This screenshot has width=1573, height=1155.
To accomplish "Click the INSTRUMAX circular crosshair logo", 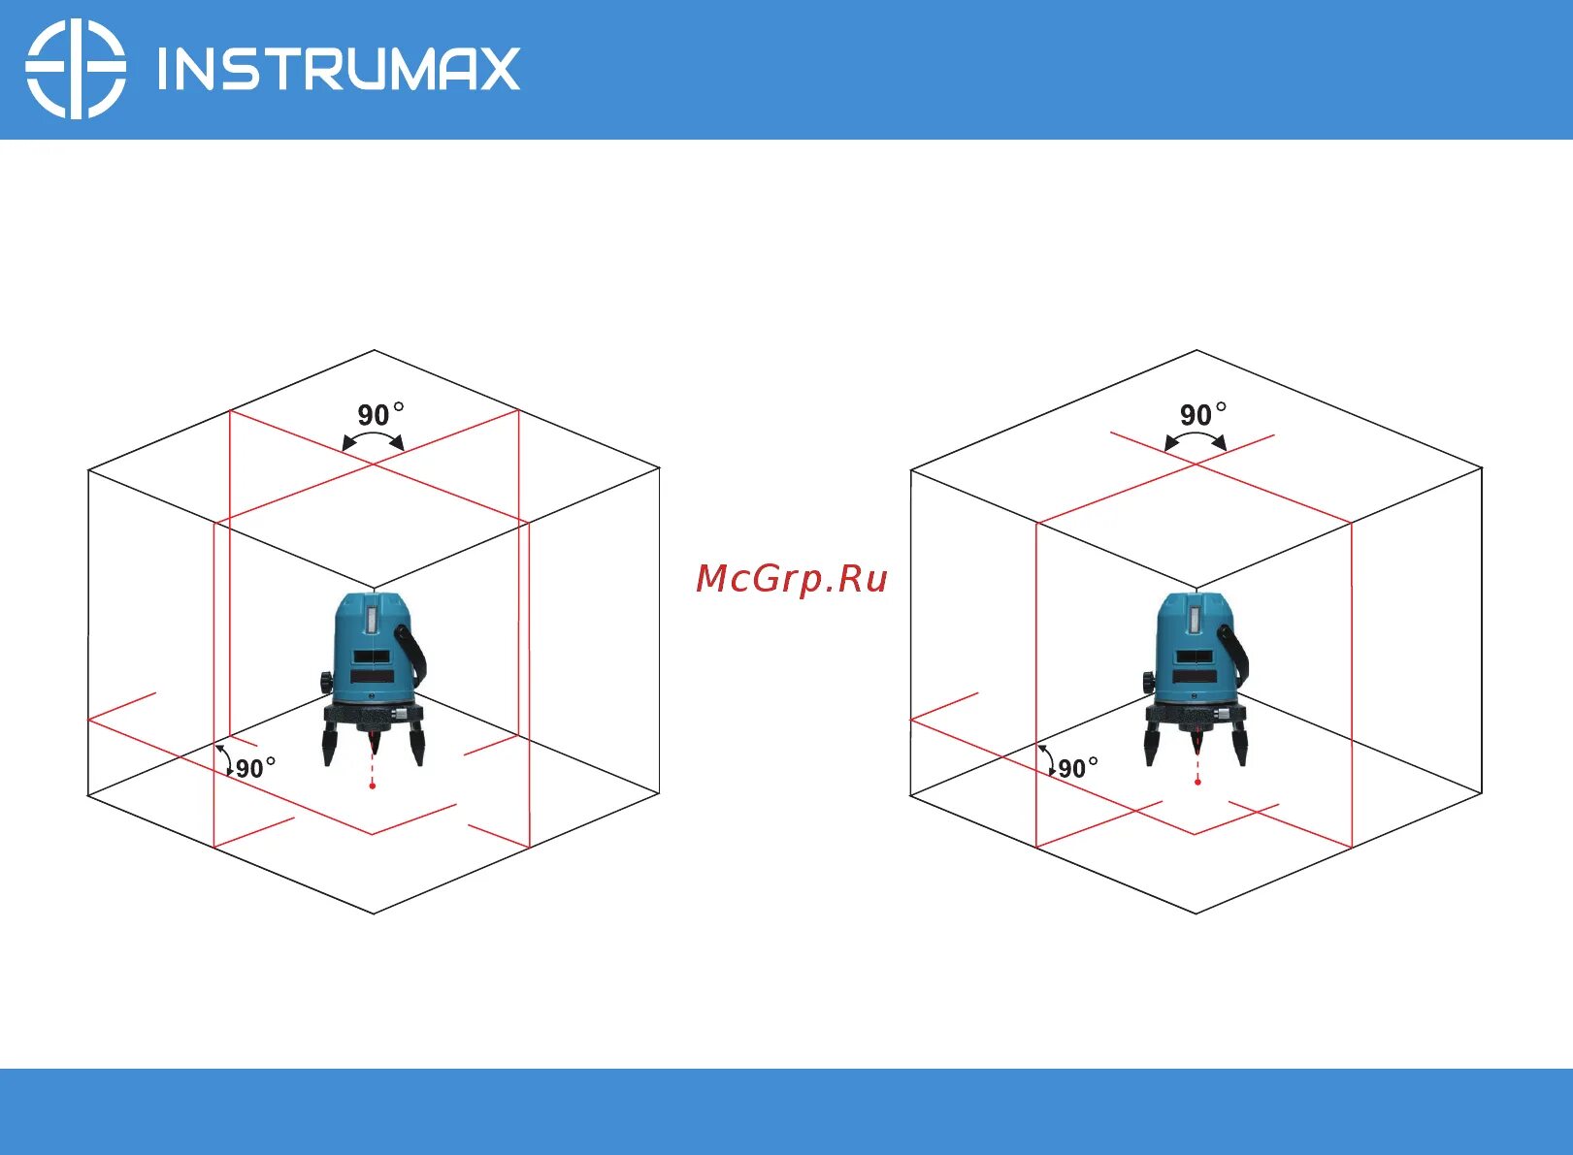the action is pos(75,69).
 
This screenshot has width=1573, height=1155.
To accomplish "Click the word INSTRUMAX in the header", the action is pos(339,70).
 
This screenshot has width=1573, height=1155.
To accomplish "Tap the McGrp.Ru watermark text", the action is pos(792,579).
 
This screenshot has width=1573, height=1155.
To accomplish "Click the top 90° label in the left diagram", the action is pos(379,415).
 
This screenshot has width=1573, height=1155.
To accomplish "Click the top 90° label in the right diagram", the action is pos(1202,415).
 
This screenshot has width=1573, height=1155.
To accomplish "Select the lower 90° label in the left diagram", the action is pos(255,768).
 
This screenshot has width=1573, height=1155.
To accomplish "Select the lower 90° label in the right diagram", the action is pos(1078,768).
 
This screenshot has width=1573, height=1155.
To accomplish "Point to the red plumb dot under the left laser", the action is pos(372,786).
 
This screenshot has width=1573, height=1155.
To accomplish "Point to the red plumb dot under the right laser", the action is pos(1197,782).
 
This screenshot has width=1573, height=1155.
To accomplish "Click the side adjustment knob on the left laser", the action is pos(324,683).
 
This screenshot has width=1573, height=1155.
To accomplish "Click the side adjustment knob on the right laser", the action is pos(1147,683).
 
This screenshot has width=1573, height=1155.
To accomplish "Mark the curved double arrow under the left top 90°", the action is pos(373,439).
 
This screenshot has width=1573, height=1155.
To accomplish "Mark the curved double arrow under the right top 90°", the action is pos(1196,439).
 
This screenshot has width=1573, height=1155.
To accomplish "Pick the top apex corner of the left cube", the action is pos(374,351).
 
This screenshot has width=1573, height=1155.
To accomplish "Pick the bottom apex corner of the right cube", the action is pos(1196,913).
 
